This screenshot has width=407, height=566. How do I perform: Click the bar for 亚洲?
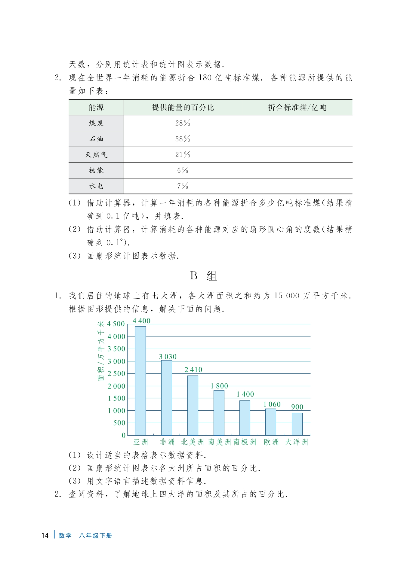click(140, 381)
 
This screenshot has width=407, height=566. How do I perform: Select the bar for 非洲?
click(166, 397)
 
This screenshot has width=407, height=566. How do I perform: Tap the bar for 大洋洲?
click(297, 424)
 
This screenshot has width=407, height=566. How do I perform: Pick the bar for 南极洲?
click(245, 418)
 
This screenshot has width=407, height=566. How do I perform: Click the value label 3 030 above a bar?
click(168, 357)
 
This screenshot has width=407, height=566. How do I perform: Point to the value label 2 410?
click(193, 370)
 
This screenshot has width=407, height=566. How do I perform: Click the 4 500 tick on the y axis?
click(116, 324)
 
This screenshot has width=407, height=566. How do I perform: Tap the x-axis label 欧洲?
click(271, 442)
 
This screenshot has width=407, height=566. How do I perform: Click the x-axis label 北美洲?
click(192, 442)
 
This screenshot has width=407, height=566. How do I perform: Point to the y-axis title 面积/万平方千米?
click(101, 351)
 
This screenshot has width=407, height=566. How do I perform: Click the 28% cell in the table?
click(183, 123)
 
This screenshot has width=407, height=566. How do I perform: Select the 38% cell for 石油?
click(183, 139)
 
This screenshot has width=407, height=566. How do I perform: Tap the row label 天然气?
click(96, 155)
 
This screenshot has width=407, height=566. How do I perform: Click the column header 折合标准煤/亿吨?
click(297, 108)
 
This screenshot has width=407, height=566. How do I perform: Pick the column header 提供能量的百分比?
click(183, 108)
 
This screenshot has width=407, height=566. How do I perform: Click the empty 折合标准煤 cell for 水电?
click(297, 186)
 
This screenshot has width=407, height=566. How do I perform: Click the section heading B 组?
click(203, 276)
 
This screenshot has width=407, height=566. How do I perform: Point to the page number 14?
click(45, 535)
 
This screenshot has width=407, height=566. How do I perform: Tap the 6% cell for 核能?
click(183, 170)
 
